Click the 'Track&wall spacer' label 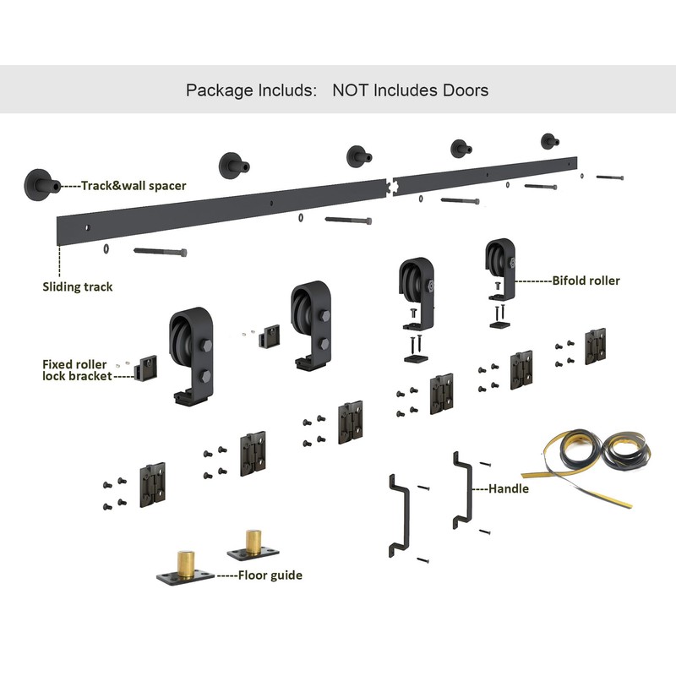134,184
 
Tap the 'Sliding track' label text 78,286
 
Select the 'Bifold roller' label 586,279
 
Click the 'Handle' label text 510,488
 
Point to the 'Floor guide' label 270,575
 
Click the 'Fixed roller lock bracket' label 75,370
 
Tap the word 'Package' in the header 218,90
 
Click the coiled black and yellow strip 591,461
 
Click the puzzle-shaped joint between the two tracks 390,183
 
